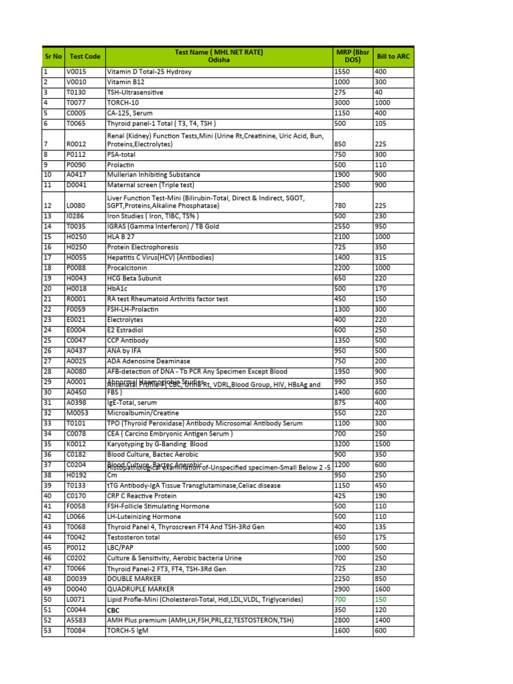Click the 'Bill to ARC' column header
393,57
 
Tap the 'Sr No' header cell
53,57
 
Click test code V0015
76,71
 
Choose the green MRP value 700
341,600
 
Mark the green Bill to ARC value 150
380,600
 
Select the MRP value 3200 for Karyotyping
343,444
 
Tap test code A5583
76,621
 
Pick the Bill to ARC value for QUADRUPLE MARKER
382,589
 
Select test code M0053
77,413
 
